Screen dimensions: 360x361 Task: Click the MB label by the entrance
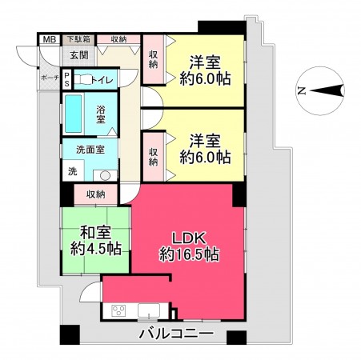(49, 38)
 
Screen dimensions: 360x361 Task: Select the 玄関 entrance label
(78, 54)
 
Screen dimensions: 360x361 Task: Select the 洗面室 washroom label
(90, 150)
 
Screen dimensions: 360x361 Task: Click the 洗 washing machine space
(72, 171)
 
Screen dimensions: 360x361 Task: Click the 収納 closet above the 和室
(96, 194)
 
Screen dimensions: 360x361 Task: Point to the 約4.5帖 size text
(95, 250)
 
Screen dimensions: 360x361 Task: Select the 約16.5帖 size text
(190, 254)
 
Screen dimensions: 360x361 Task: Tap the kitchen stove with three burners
(118, 310)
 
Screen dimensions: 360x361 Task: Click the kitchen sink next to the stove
(149, 311)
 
